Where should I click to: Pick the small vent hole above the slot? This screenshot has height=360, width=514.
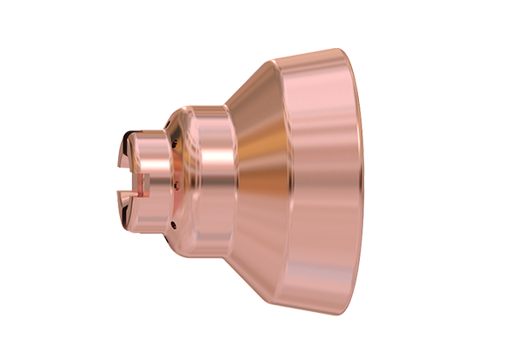tap(172, 145)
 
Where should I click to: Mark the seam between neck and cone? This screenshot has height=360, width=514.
tap(230, 180)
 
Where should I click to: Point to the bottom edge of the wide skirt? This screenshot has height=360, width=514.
tap(317, 309)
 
